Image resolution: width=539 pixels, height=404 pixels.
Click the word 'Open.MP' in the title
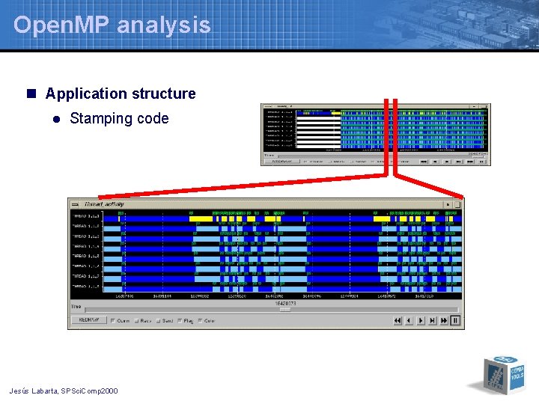tap(62, 25)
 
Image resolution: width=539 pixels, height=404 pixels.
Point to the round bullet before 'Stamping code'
tap(55, 119)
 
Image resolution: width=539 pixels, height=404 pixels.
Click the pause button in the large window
tap(456, 320)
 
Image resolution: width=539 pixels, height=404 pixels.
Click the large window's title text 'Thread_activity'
tap(104, 203)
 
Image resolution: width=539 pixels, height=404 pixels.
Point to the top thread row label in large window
tap(85, 216)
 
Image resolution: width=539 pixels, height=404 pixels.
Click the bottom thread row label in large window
tap(85, 286)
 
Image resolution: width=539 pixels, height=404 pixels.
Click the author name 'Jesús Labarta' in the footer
tap(34, 391)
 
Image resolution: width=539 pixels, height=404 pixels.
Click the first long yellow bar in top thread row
tap(200, 218)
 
